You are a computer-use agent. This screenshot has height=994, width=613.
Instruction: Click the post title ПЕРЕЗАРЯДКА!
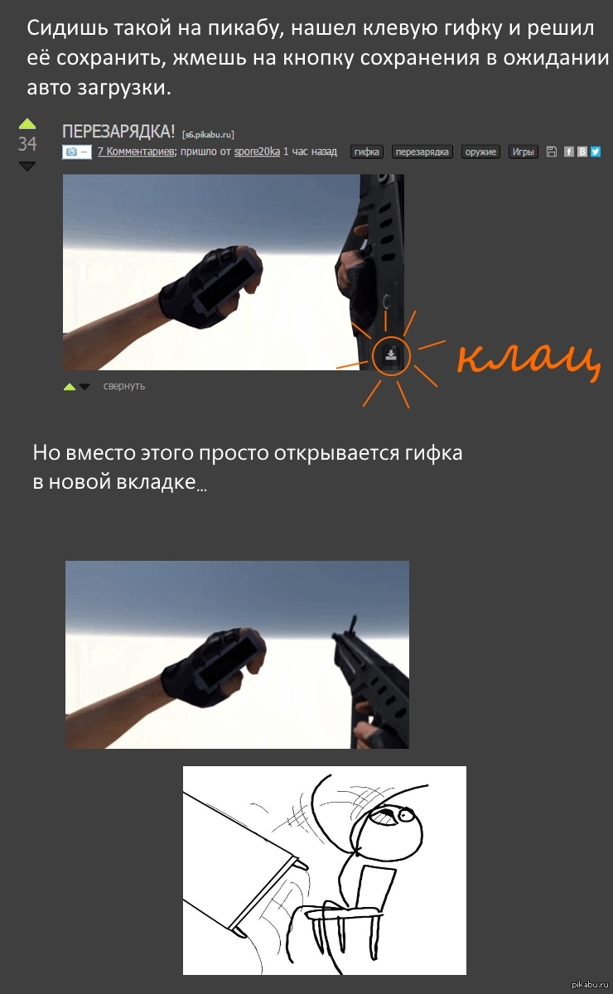coord(118,132)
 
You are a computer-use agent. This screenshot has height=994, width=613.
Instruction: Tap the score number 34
coord(27,144)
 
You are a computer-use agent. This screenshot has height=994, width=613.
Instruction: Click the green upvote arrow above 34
coord(27,123)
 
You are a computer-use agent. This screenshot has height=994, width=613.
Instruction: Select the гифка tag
coord(367,152)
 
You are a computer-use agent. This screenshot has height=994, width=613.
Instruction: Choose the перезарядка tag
coord(422,152)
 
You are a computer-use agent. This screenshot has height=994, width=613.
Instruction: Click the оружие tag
coord(480,152)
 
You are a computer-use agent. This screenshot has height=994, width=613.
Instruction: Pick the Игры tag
coord(523,152)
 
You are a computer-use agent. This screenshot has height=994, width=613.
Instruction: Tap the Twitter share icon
coord(596,152)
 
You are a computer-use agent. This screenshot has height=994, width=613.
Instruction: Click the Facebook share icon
coord(568,152)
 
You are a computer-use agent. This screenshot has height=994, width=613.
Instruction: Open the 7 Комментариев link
coord(136,152)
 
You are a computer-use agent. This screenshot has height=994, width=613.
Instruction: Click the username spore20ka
coord(257,152)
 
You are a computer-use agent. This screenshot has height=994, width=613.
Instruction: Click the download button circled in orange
coord(391,355)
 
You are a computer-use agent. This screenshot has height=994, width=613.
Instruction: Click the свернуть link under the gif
coord(124,386)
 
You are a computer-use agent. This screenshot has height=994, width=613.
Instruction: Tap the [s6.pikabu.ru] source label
coord(208,134)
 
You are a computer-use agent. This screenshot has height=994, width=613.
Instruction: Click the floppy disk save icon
coord(552,152)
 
